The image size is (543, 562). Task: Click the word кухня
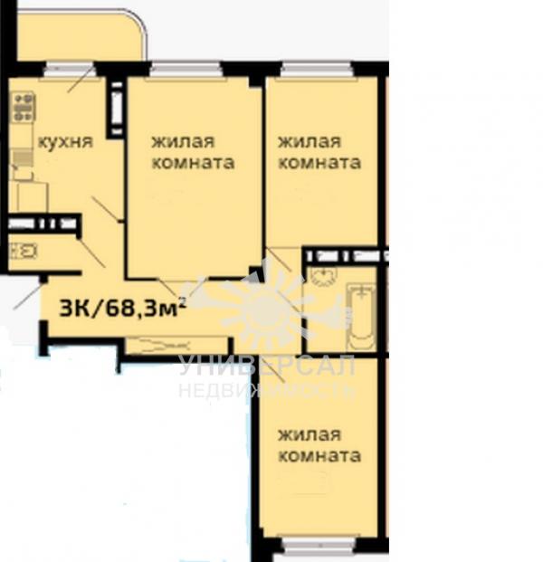pyautogui.click(x=65, y=141)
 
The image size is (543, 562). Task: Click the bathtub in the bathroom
pyautogui.click(x=362, y=317)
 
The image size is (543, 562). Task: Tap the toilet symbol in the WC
pyautogui.click(x=23, y=251)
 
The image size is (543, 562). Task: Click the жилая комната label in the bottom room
pyautogui.click(x=319, y=445)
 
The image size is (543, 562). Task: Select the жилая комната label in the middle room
pyautogui.click(x=193, y=152)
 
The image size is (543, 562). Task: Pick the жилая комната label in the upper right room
pyautogui.click(x=319, y=152)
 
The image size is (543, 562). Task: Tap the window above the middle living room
pyautogui.click(x=185, y=69)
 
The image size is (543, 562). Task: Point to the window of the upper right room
pyautogui.click(x=316, y=69)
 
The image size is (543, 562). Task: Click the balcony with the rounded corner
pyautogui.click(x=81, y=34)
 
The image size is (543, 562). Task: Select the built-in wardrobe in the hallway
pyautogui.click(x=176, y=346)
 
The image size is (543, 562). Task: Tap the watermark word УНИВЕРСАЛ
pyautogui.click(x=267, y=366)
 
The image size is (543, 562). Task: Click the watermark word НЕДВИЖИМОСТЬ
pyautogui.click(x=267, y=390)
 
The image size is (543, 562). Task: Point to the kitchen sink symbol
pyautogui.click(x=23, y=157)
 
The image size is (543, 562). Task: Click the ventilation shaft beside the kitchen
pyautogui.click(x=117, y=109)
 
